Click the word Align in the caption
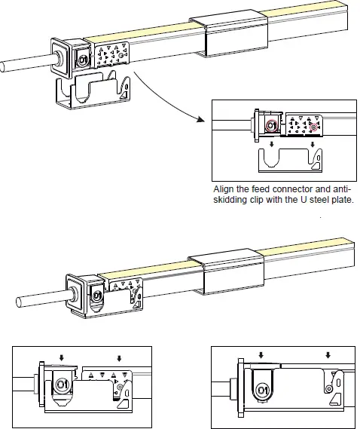pyautogui.click(x=226, y=189)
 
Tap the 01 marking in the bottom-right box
pyautogui.click(x=261, y=390)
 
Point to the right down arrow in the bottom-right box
pyautogui.click(x=327, y=354)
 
